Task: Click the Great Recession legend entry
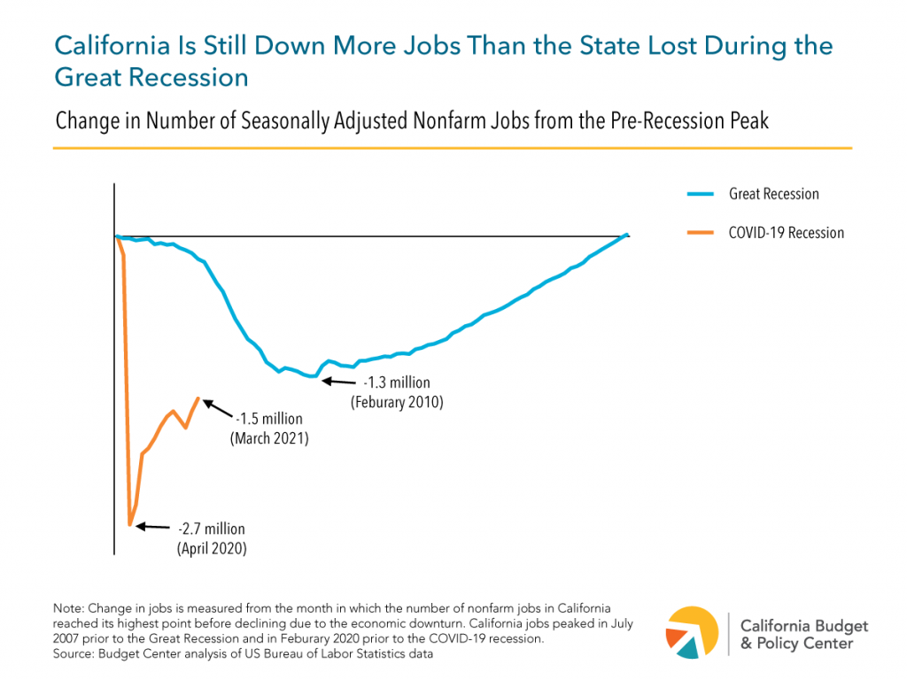point(772,194)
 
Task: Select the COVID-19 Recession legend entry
point(785,233)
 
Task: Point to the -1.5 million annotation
point(269,420)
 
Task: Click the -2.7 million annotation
point(211,529)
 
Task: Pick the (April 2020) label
point(211,548)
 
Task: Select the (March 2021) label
point(269,438)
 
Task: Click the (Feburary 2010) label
point(396,402)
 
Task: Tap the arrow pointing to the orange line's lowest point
point(154,526)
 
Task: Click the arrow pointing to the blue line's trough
point(337,381)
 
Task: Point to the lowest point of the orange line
point(130,525)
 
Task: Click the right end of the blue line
point(626,235)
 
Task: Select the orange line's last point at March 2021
point(198,398)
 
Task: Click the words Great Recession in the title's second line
point(151,77)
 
